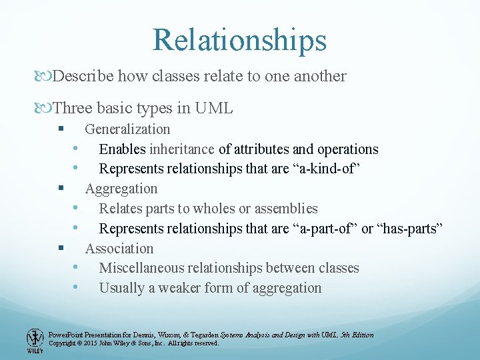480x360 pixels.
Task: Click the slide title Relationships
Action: pyautogui.click(x=239, y=39)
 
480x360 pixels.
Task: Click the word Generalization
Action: pyautogui.click(x=127, y=129)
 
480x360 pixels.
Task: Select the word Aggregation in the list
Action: pyautogui.click(x=121, y=189)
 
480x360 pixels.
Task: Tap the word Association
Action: pyautogui.click(x=119, y=249)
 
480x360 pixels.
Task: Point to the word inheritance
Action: pyautogui.click(x=182, y=149)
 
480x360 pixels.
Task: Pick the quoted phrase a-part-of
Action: pyautogui.click(x=323, y=229)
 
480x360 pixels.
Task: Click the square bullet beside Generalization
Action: pyautogui.click(x=61, y=129)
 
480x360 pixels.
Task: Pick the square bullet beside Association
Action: pyautogui.click(x=61, y=248)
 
